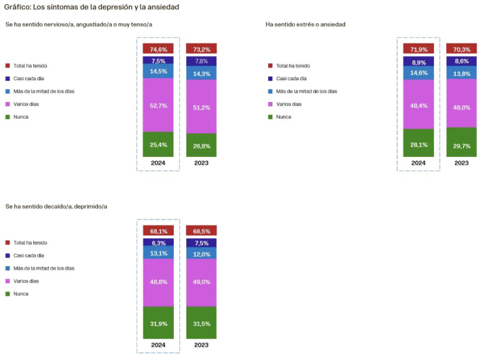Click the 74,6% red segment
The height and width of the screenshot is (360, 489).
[158, 49]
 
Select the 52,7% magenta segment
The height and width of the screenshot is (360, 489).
[158, 105]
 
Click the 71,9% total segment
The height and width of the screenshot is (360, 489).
[418, 49]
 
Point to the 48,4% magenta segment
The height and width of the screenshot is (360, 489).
[418, 105]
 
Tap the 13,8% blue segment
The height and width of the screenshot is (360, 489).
[460, 73]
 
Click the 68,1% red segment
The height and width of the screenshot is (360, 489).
[158, 230]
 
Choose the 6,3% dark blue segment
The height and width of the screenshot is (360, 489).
[158, 242]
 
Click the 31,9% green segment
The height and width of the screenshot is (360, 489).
[158, 323]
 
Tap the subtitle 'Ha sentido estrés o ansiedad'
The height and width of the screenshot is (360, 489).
[305, 24]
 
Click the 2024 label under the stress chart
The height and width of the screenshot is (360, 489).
[418, 163]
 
